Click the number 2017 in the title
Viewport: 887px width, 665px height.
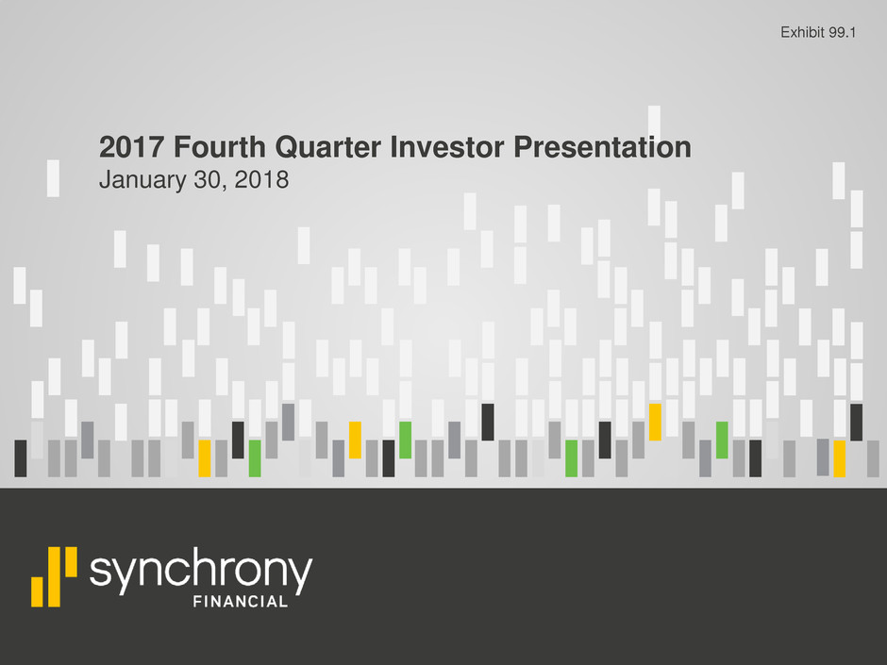pos(131,147)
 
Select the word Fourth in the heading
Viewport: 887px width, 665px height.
pos(220,147)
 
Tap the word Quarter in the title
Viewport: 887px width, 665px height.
pos(328,147)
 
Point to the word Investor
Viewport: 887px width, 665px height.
pos(447,147)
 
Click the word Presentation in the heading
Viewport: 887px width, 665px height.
pos(602,147)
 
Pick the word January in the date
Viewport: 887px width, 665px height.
pos(142,180)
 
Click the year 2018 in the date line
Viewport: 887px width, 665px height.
pos(262,180)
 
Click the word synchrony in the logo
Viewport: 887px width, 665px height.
pos(201,570)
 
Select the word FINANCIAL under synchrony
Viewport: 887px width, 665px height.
pos(241,602)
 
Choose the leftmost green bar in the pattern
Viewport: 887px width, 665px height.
pos(255,458)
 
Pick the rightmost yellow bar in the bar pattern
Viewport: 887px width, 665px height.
pos(840,458)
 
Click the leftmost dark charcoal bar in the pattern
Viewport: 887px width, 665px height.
pos(21,458)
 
